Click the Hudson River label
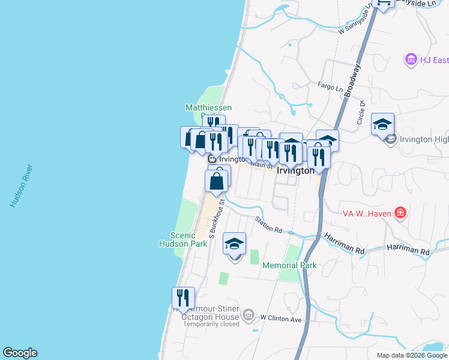[x=21, y=186]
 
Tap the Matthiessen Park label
[x=208, y=108]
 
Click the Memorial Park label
[x=289, y=265]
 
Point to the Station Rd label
[x=268, y=226]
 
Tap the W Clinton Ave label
[x=280, y=318]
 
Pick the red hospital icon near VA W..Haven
[x=401, y=213]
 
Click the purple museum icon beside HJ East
[x=411, y=59]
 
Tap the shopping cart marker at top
[x=383, y=3]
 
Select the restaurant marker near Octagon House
[x=183, y=297]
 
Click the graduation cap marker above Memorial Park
[x=234, y=244]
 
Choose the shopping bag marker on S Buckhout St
[x=217, y=179]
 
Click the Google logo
[x=20, y=353]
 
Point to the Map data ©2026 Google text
[x=412, y=355]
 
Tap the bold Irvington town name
[x=295, y=170]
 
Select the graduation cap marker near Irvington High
[x=382, y=124]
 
